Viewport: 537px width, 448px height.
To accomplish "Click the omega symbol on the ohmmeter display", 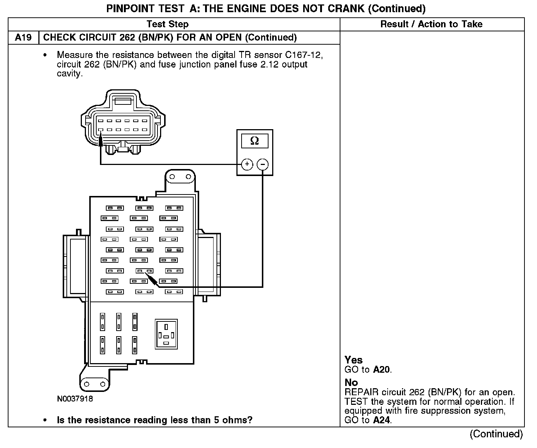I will [254, 141].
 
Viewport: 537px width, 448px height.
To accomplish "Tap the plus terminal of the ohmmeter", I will [247, 164].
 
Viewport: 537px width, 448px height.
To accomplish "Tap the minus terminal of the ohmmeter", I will [263, 164].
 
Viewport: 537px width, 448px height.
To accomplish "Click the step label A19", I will [23, 38].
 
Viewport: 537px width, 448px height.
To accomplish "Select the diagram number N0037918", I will [75, 399].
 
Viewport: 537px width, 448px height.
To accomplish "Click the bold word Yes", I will [354, 360].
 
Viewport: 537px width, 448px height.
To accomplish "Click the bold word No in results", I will [351, 382].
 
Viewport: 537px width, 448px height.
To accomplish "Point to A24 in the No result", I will [382, 420].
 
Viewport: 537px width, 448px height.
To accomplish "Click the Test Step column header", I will [167, 24].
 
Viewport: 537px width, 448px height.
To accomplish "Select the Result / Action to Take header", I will [431, 24].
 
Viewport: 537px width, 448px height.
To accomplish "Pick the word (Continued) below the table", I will [496, 434].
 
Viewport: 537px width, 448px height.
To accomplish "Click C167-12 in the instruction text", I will [304, 55].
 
